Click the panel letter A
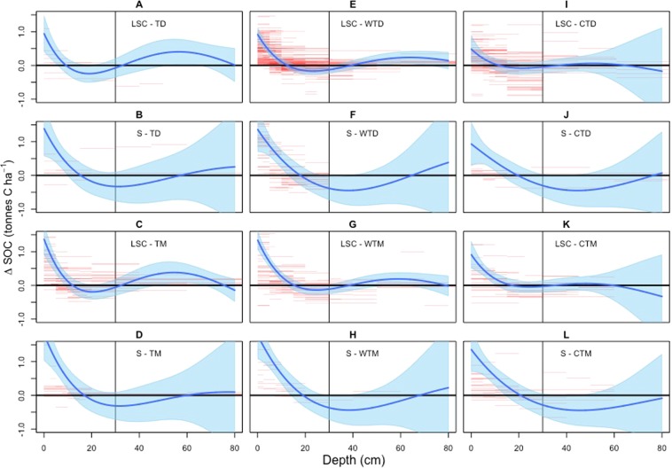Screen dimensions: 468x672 142,5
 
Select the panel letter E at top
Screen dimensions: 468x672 354,5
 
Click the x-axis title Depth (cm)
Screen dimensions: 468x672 355,459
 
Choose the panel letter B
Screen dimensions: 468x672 142,117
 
